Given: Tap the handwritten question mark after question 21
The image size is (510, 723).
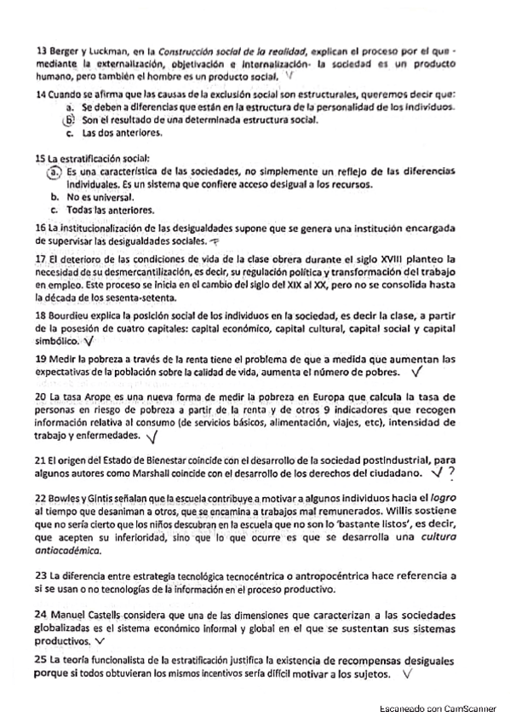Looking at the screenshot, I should [451, 471].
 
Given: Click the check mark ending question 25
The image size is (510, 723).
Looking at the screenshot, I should [405, 673].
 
